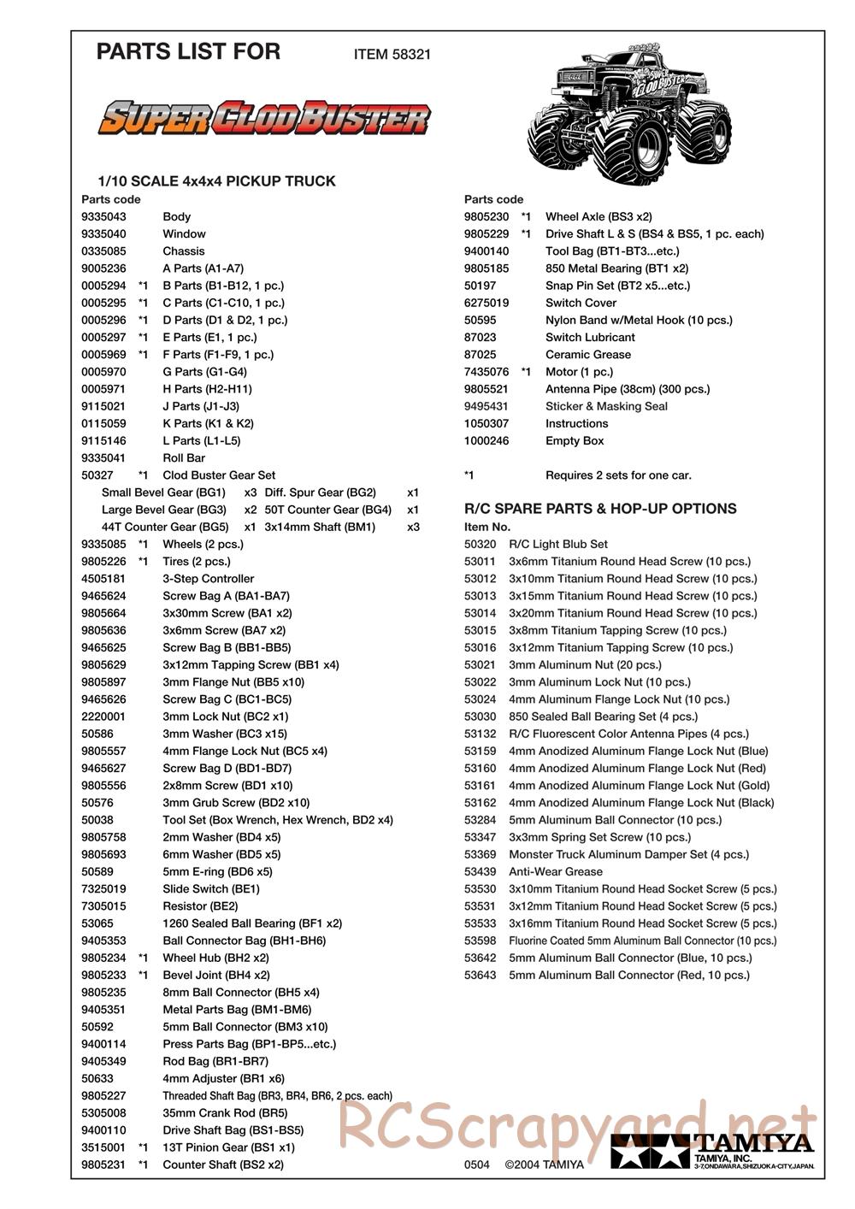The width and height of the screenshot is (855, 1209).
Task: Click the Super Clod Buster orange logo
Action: click(x=264, y=119)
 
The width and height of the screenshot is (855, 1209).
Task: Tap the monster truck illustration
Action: click(x=632, y=112)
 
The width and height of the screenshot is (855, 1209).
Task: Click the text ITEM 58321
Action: click(x=392, y=54)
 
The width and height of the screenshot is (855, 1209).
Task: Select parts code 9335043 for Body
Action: click(x=103, y=216)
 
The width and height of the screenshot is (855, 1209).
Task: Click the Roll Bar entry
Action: click(x=184, y=457)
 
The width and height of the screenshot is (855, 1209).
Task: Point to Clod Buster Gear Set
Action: click(x=219, y=475)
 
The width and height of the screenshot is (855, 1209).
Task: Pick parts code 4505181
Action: click(x=103, y=578)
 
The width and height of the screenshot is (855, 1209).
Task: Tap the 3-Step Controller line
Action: click(x=208, y=578)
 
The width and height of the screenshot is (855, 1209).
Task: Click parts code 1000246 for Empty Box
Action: click(x=486, y=440)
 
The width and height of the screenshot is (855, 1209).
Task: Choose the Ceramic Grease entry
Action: click(x=587, y=354)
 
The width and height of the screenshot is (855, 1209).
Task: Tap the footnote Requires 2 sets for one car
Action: click(x=618, y=475)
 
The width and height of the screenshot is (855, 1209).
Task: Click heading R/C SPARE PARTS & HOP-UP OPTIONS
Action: click(x=599, y=509)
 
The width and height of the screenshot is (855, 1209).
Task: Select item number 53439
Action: click(x=480, y=871)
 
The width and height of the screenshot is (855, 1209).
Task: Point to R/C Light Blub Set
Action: click(x=557, y=544)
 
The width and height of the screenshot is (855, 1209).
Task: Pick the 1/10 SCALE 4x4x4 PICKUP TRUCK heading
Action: click(x=216, y=181)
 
